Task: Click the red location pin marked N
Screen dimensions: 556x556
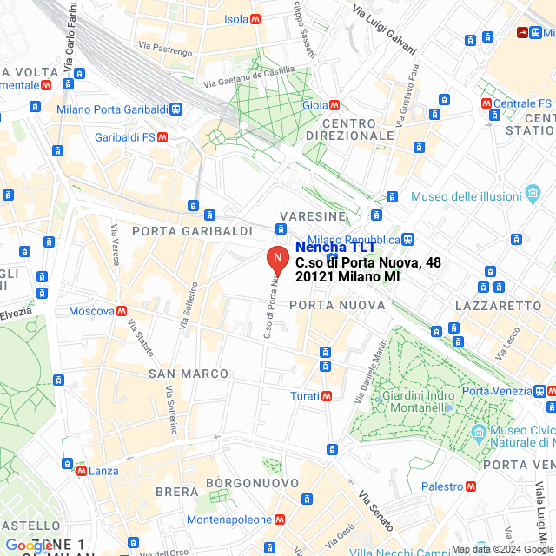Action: pyautogui.click(x=276, y=259)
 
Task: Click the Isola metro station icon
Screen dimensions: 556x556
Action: pyautogui.click(x=255, y=19)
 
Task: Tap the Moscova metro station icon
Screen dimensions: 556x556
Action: pyautogui.click(x=122, y=311)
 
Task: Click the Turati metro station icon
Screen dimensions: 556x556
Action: pyautogui.click(x=327, y=396)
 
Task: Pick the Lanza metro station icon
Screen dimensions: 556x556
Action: pyautogui.click(x=81, y=471)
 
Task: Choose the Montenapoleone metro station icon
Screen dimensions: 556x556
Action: pyautogui.click(x=280, y=520)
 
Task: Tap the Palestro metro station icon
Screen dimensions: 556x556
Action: pyautogui.click(x=471, y=486)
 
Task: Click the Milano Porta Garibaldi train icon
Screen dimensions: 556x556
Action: pyautogui.click(x=176, y=109)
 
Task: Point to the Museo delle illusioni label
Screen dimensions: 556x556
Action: pyautogui.click(x=465, y=196)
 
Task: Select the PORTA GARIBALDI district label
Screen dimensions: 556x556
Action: pyautogui.click(x=192, y=231)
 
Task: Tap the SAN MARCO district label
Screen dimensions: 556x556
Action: pyautogui.click(x=189, y=374)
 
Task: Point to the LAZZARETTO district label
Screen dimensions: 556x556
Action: pyautogui.click(x=498, y=306)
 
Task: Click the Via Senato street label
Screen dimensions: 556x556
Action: pyautogui.click(x=377, y=512)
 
